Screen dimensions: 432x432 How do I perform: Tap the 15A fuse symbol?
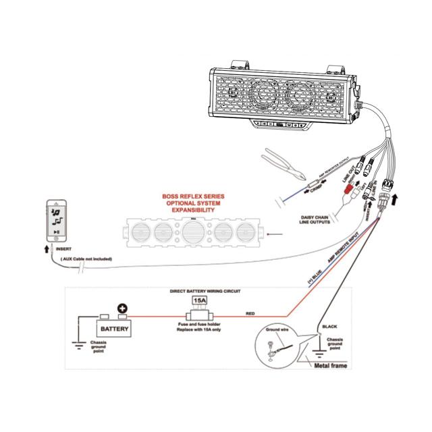coord(200,300)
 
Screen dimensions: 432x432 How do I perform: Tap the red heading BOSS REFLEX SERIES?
coord(193,197)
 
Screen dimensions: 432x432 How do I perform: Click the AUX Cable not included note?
coord(86,259)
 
